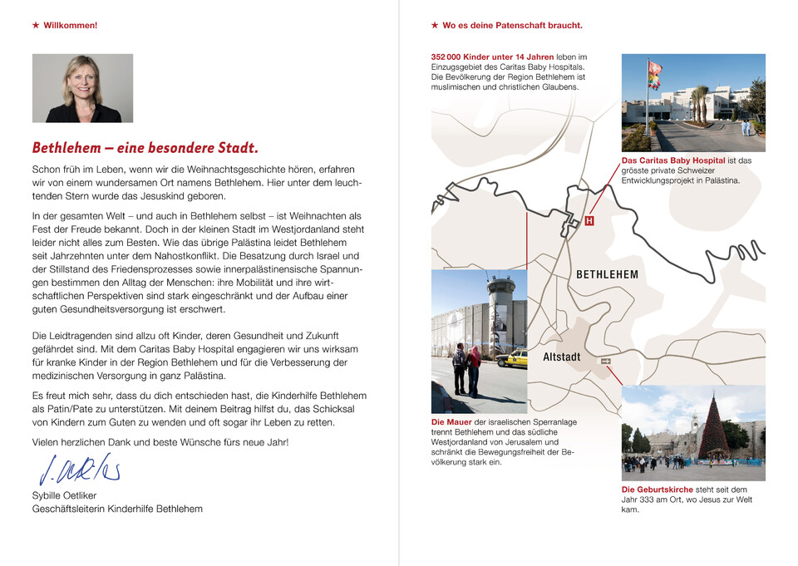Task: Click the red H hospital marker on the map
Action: [x=589, y=221]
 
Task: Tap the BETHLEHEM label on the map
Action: [x=607, y=274]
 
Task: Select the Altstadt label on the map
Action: [x=562, y=357]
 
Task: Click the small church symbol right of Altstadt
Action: [x=605, y=361]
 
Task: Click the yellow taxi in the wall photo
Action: [x=513, y=358]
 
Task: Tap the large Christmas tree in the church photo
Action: [x=712, y=430]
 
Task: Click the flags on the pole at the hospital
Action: [x=654, y=75]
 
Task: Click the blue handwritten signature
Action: [x=80, y=470]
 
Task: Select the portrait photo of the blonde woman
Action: [x=82, y=88]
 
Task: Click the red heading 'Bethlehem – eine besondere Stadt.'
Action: [x=145, y=149]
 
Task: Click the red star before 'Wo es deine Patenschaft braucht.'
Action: [x=435, y=26]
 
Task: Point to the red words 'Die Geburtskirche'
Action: [x=658, y=490]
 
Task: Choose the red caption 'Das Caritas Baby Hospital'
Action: [x=673, y=160]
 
